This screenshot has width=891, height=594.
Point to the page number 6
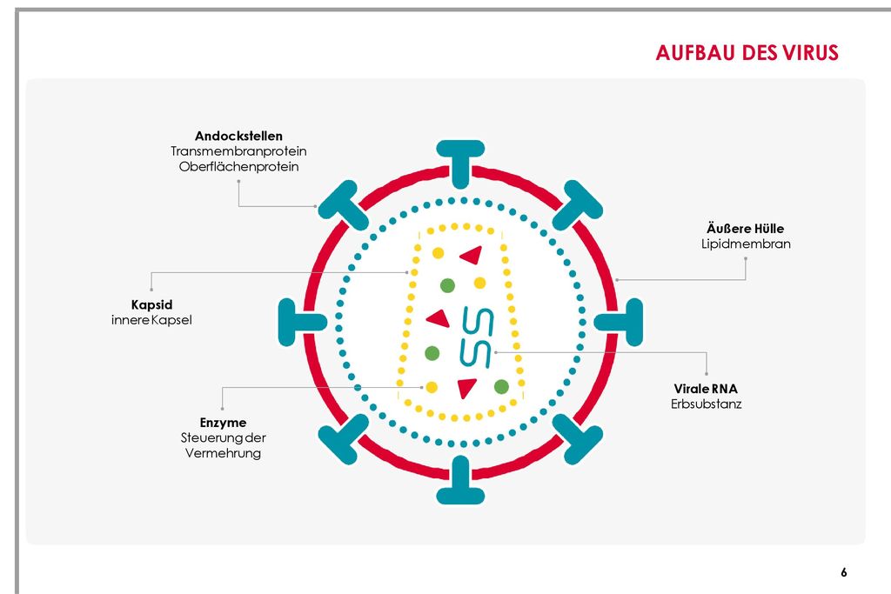tap(844, 572)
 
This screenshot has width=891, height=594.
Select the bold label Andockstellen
tap(238, 136)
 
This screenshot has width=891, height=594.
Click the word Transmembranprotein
tap(238, 151)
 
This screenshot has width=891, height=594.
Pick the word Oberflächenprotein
tap(238, 166)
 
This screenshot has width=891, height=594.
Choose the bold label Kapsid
tap(151, 305)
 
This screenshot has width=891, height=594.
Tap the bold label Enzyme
tap(223, 423)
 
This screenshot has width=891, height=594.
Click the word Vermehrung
tap(223, 453)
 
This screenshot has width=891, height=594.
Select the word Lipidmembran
tap(746, 244)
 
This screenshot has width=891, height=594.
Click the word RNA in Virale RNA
tap(724, 389)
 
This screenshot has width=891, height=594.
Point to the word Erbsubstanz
tap(707, 404)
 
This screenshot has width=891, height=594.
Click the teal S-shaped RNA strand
tap(476, 337)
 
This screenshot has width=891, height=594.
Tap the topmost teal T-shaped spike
tap(460, 163)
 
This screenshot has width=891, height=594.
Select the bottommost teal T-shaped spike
tap(460, 480)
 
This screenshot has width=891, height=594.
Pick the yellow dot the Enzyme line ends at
tap(432, 387)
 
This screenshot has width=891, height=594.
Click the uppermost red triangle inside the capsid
tap(472, 255)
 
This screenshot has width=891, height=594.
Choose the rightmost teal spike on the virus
tap(619, 323)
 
